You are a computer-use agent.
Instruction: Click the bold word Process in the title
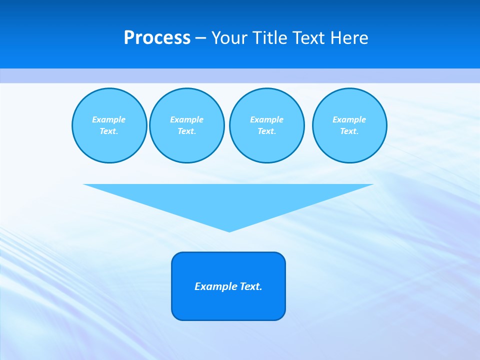(157, 38)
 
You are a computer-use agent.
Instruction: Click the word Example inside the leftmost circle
(109, 119)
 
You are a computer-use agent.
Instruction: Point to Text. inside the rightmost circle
(349, 131)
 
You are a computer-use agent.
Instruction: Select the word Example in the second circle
(186, 119)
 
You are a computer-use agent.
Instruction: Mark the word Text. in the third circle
(266, 131)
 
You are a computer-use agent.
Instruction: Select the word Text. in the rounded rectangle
(251, 286)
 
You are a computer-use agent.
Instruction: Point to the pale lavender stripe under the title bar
(240, 75)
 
